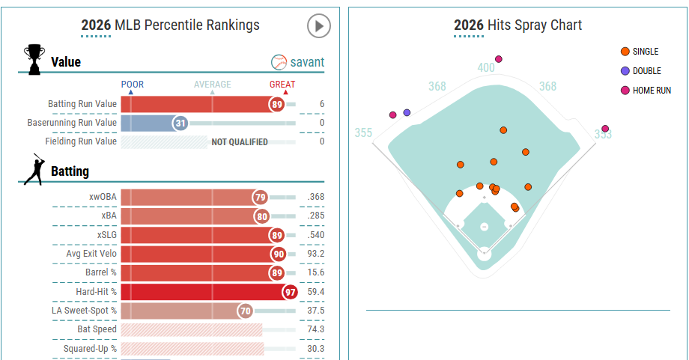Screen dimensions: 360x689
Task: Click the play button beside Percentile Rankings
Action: click(x=319, y=26)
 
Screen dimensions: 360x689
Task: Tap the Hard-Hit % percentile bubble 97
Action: click(x=290, y=291)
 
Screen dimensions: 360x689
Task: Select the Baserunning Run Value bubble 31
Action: click(x=180, y=123)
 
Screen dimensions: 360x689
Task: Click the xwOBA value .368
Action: click(x=315, y=198)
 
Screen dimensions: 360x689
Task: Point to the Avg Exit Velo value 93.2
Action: click(x=315, y=254)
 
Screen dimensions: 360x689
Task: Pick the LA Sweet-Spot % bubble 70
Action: click(x=245, y=310)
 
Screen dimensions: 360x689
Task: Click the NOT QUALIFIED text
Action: click(x=240, y=141)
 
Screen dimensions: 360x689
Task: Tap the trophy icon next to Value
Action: click(x=34, y=60)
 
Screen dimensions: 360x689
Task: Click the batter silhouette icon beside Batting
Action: click(x=34, y=170)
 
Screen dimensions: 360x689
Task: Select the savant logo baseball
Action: click(x=279, y=62)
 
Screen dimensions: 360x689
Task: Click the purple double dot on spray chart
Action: click(x=407, y=112)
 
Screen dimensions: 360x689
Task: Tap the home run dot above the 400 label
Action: click(x=499, y=59)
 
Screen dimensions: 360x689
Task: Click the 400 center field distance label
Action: click(x=486, y=68)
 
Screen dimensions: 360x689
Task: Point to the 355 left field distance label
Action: click(x=363, y=133)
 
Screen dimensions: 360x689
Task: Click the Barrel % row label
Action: click(x=101, y=272)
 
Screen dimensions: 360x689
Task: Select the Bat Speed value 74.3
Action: click(x=315, y=329)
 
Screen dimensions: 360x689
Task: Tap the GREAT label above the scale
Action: click(x=282, y=85)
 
